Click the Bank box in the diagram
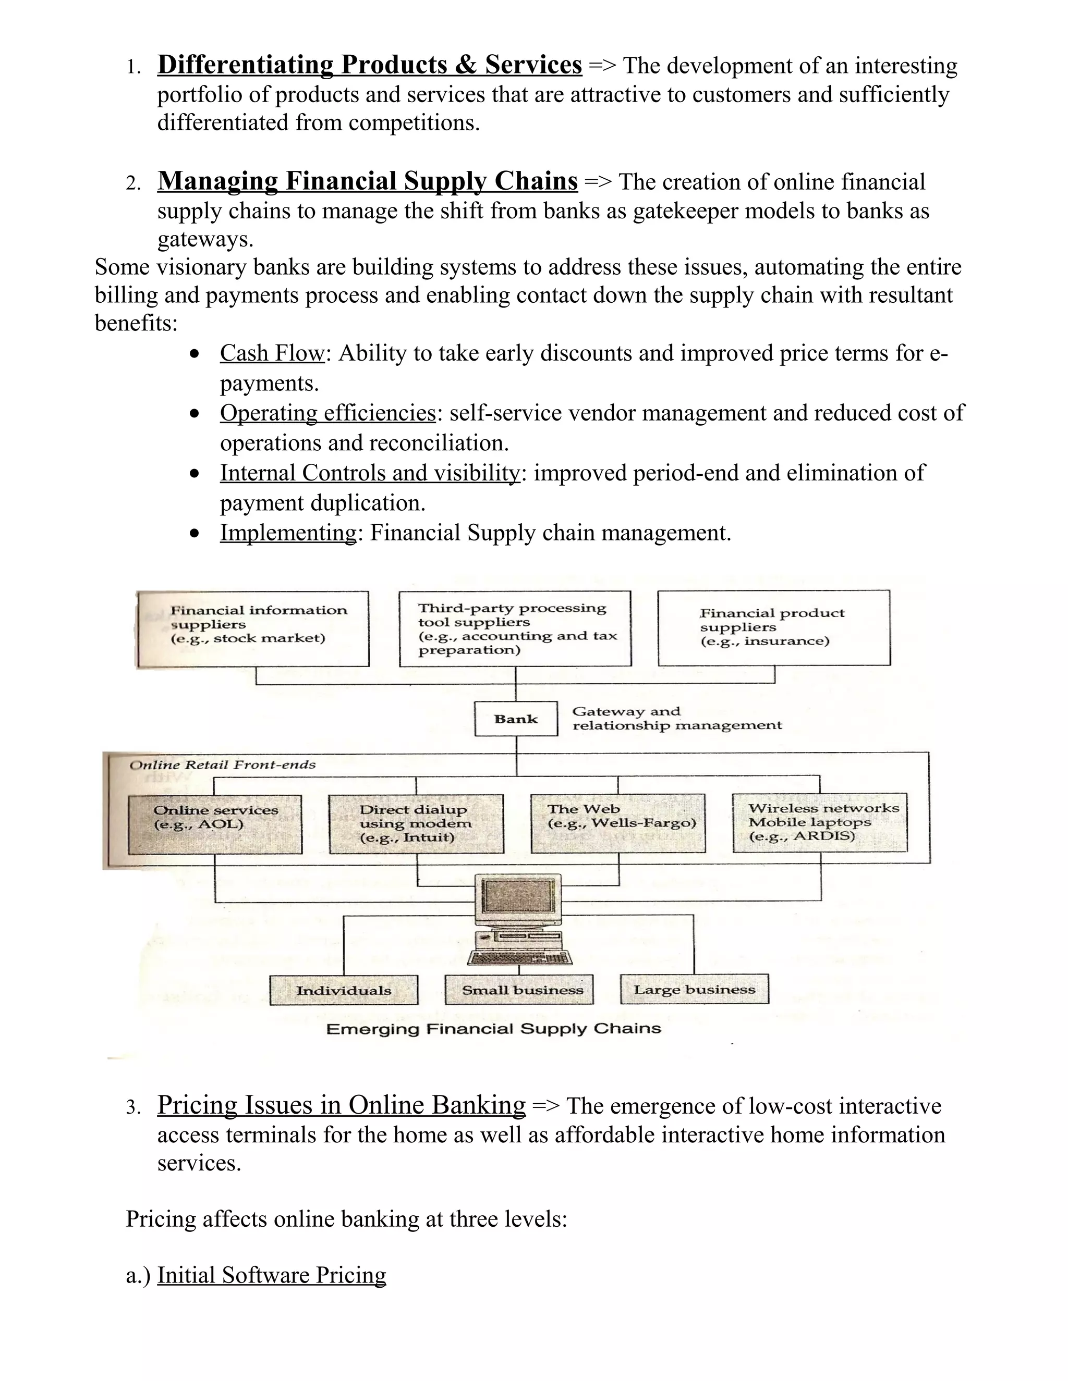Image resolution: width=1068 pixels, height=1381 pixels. [516, 719]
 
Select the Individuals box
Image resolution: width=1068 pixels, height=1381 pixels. [344, 990]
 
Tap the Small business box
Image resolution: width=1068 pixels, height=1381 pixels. [519, 990]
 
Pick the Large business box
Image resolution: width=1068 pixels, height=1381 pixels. [694, 990]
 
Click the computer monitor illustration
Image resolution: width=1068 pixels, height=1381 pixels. [519, 901]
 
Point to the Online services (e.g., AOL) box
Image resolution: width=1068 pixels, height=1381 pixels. [215, 824]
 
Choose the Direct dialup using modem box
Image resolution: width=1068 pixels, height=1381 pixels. [416, 824]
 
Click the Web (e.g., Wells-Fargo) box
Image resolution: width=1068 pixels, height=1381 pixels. [618, 823]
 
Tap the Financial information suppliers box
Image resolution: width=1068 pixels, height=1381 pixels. [253, 629]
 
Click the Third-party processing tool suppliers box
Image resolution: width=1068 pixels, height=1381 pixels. [515, 628]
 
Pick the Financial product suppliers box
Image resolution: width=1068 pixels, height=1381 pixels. [774, 628]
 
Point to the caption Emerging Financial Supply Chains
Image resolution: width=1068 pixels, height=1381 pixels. [493, 1029]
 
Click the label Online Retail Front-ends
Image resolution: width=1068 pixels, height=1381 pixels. [222, 765]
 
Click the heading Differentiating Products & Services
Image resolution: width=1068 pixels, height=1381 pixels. [370, 65]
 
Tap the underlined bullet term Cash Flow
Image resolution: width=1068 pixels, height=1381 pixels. [272, 353]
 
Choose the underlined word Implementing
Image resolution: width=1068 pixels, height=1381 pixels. [288, 533]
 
